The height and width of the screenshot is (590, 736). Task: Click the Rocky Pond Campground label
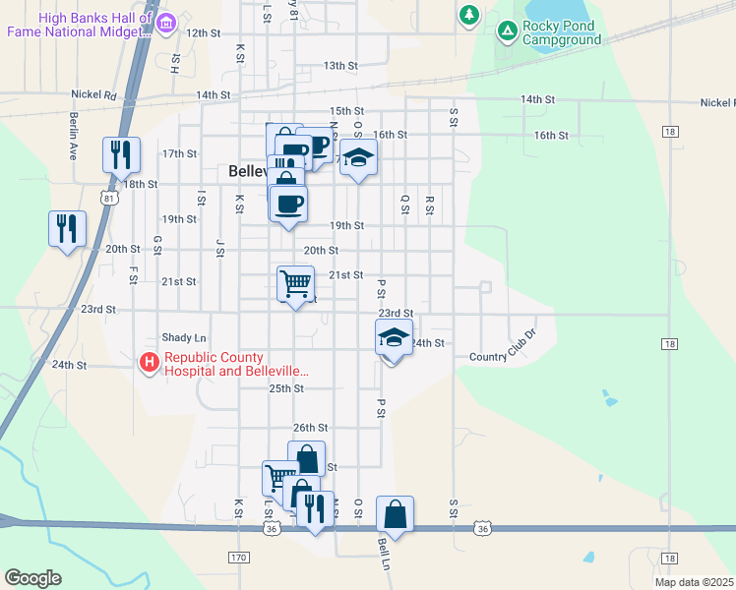pyautogui.click(x=562, y=32)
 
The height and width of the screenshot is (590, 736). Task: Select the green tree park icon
pyautogui.click(x=469, y=15)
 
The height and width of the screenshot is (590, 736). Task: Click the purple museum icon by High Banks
pyautogui.click(x=165, y=22)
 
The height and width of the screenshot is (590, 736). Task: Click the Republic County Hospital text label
pyautogui.click(x=236, y=365)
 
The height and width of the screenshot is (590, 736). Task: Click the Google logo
pyautogui.click(x=32, y=578)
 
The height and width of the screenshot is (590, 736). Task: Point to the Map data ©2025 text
pyautogui.click(x=694, y=582)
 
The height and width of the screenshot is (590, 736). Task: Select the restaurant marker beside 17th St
pyautogui.click(x=121, y=154)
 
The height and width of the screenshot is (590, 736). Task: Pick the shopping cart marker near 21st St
pyautogui.click(x=296, y=284)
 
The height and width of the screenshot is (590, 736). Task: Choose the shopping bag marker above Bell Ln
pyautogui.click(x=395, y=513)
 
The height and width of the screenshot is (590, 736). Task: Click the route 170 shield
pyautogui.click(x=239, y=558)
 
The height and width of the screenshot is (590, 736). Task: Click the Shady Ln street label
pyautogui.click(x=185, y=336)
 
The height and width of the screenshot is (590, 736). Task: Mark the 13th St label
pyautogui.click(x=339, y=66)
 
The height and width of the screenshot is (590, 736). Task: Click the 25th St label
pyautogui.click(x=286, y=388)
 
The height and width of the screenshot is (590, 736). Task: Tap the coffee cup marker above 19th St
pyautogui.click(x=288, y=204)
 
